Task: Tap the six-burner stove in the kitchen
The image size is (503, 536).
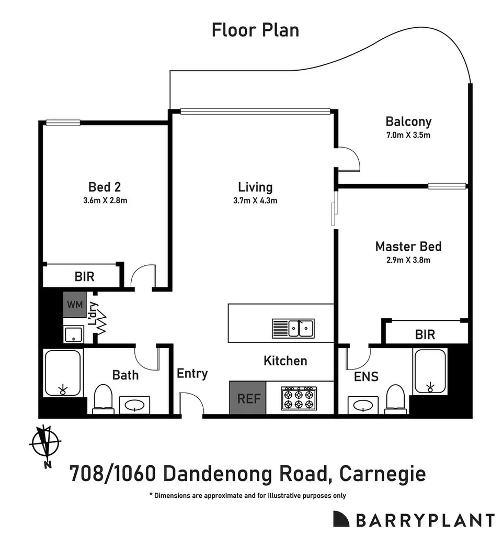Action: tap(299, 398)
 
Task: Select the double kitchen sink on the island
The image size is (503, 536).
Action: tap(293, 329)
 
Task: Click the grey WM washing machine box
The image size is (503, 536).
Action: tap(74, 305)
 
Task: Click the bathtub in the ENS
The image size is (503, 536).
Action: tap(429, 372)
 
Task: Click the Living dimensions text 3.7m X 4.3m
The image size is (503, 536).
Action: tap(255, 200)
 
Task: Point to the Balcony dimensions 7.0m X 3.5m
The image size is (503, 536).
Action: tap(408, 135)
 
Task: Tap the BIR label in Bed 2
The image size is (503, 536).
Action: tap(84, 276)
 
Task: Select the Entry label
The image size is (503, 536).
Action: tap(192, 374)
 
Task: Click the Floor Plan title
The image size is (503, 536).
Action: tap(255, 30)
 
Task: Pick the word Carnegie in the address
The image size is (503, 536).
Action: tap(382, 474)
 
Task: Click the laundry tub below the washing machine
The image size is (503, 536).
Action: tap(74, 334)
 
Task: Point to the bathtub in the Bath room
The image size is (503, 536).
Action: tap(63, 373)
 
